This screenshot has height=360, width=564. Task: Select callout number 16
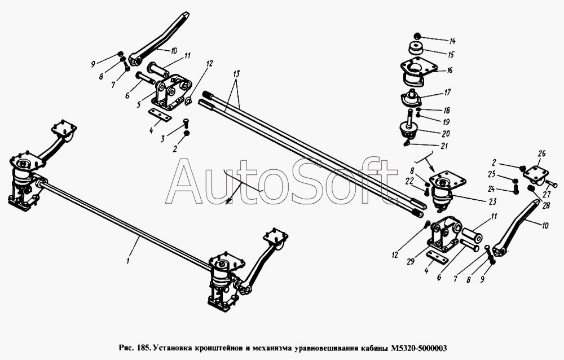click(x=450, y=71)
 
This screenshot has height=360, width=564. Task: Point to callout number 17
click(x=447, y=93)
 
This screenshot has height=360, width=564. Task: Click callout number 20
click(x=446, y=134)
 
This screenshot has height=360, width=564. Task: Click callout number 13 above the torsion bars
click(x=236, y=74)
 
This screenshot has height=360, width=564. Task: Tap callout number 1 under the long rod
click(x=127, y=260)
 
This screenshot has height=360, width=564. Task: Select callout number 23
click(x=492, y=201)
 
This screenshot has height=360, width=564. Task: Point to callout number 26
click(x=541, y=153)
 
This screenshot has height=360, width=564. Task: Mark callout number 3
click(x=162, y=139)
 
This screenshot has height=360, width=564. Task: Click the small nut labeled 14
click(x=417, y=36)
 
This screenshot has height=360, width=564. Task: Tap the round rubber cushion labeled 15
click(x=416, y=49)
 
